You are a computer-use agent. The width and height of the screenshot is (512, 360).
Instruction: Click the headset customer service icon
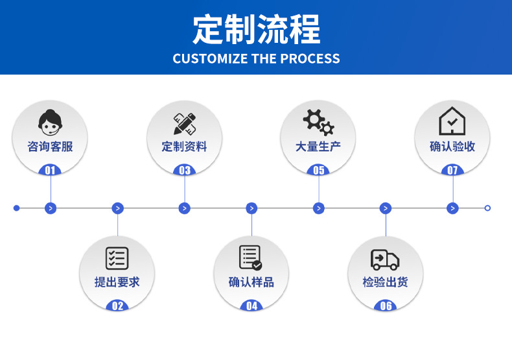tap(51, 122)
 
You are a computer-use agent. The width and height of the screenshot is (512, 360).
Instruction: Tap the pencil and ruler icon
tap(185, 123)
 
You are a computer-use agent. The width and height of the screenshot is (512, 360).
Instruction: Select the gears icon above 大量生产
tap(318, 122)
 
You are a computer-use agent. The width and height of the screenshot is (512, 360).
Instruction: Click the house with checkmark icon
tap(452, 121)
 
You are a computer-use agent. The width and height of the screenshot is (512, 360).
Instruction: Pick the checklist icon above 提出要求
tap(117, 258)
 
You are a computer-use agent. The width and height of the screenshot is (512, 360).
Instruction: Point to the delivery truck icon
tap(385, 259)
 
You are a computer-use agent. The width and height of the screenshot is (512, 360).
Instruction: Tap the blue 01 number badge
tap(51, 171)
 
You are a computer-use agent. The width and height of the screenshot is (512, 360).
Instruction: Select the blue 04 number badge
tap(251, 306)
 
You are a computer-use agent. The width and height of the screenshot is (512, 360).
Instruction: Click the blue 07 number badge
tap(452, 171)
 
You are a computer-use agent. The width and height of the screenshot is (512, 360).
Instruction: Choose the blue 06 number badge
tap(386, 306)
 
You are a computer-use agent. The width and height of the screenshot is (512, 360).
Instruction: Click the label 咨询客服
tap(51, 147)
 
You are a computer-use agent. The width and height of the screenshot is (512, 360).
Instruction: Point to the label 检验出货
tap(385, 282)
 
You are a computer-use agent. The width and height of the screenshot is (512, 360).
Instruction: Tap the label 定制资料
tap(185, 147)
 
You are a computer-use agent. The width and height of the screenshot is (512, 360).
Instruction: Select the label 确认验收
tap(452, 147)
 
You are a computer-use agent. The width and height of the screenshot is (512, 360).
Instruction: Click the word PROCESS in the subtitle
tap(310, 59)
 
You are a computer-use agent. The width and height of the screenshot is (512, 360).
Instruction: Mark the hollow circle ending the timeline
tap(487, 208)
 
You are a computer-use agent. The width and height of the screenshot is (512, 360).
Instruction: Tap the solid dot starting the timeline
tap(17, 208)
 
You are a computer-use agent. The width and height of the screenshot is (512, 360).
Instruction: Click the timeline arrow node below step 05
tap(318, 208)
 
